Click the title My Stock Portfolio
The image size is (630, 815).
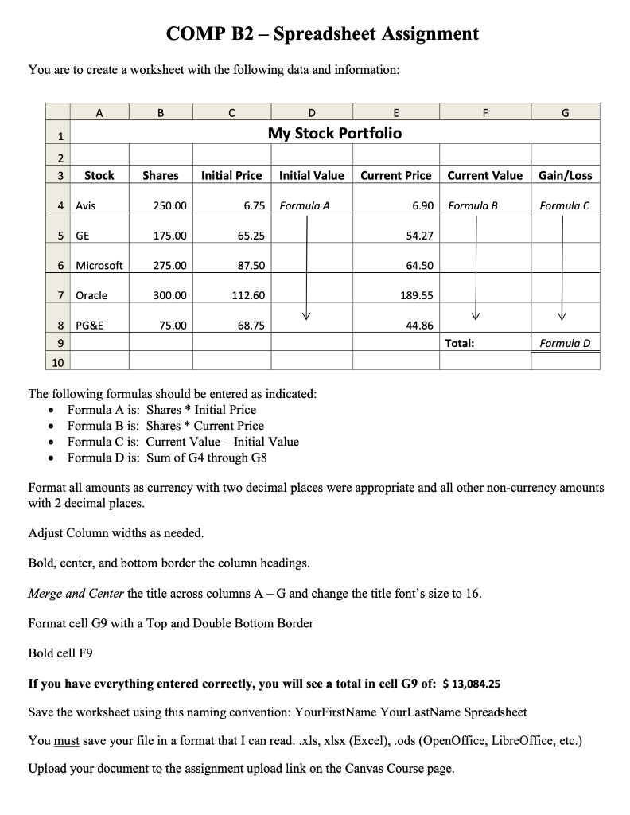pyautogui.click(x=334, y=133)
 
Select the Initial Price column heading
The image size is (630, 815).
pyautogui.click(x=231, y=175)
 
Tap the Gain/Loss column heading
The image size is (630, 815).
pyautogui.click(x=565, y=175)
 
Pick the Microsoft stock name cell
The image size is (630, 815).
pyautogui.click(x=99, y=266)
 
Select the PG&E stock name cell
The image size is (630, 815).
pyautogui.click(x=89, y=325)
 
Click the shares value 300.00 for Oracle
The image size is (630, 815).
pyautogui.click(x=170, y=295)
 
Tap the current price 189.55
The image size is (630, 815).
pyautogui.click(x=416, y=295)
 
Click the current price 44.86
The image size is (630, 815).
pyautogui.click(x=419, y=325)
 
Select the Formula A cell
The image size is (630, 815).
pyautogui.click(x=305, y=205)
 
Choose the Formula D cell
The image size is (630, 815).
pyautogui.click(x=565, y=343)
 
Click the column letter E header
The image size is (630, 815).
pyautogui.click(x=396, y=112)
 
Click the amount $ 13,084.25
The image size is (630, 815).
pyautogui.click(x=465, y=684)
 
